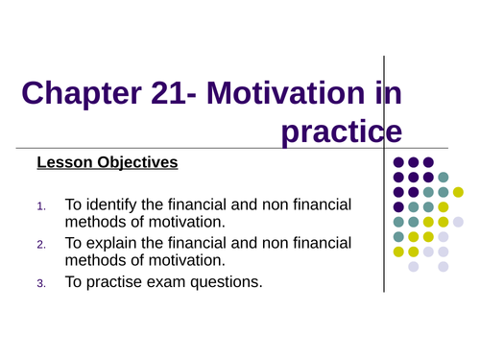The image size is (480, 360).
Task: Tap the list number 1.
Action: [x=40, y=206]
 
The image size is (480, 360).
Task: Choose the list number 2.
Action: [x=40, y=245]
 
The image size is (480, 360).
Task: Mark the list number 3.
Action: [x=40, y=283]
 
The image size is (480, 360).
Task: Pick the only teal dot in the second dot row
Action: [x=443, y=177]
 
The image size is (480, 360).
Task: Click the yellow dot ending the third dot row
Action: [x=458, y=192]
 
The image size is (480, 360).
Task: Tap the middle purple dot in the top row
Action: [x=414, y=162]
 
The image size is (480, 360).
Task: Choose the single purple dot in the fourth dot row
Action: [x=398, y=206]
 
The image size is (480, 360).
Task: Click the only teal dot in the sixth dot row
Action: [x=398, y=236]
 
